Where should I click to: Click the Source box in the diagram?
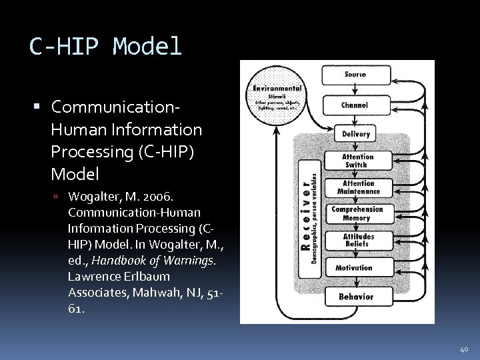click(x=355, y=75)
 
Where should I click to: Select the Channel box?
click(x=355, y=105)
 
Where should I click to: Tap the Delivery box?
click(x=355, y=134)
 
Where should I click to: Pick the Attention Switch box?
click(x=358, y=161)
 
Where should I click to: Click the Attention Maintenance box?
click(x=358, y=187)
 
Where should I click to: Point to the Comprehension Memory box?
click(x=358, y=213)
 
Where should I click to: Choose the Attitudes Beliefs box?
click(x=358, y=240)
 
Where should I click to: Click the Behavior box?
click(x=356, y=296)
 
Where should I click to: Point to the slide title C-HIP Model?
click(x=105, y=47)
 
